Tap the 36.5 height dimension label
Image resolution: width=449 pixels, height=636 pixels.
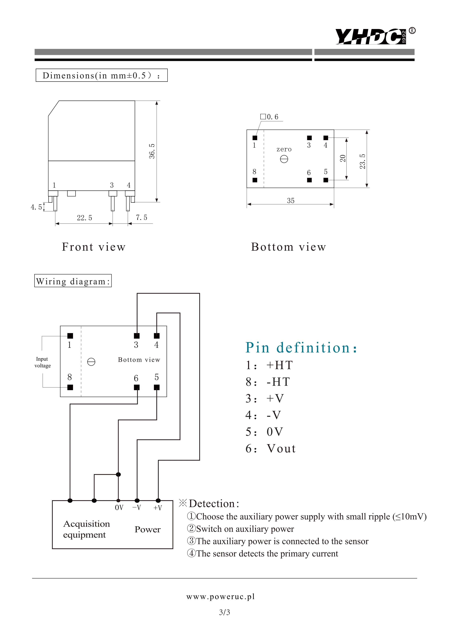(x=152, y=151)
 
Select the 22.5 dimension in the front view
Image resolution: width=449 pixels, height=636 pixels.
(x=84, y=218)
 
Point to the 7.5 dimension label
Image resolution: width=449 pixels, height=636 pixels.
(x=141, y=217)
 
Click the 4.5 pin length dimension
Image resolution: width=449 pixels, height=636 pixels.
(x=36, y=207)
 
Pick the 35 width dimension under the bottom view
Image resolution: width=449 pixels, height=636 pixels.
(x=291, y=201)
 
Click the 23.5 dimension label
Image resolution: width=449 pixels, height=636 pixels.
(x=362, y=162)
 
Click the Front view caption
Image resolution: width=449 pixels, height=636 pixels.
(x=94, y=247)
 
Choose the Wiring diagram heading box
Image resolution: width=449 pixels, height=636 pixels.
(x=73, y=281)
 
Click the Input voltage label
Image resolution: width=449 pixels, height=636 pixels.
(x=43, y=362)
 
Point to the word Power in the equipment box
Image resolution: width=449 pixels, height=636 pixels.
(x=147, y=530)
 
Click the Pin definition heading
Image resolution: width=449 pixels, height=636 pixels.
(x=301, y=348)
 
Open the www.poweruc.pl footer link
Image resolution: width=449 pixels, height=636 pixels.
(x=220, y=596)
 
